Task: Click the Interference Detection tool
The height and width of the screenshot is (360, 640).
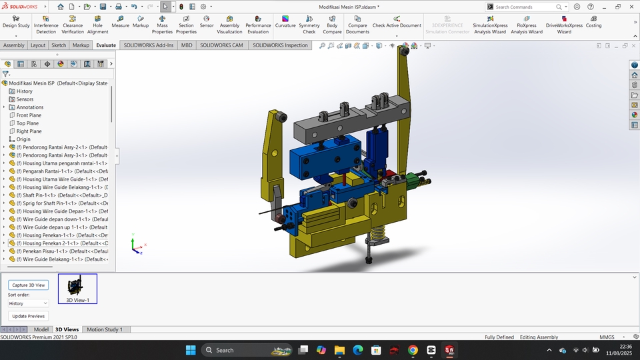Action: (x=46, y=25)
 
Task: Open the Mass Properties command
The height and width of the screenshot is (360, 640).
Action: (x=162, y=25)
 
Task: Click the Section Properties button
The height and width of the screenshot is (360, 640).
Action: (x=186, y=25)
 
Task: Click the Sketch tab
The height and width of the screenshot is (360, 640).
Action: (x=59, y=45)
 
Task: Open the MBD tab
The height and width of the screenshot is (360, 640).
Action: (x=187, y=45)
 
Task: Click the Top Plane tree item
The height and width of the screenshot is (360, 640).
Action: (x=27, y=123)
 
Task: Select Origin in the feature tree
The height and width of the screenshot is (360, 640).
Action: (x=23, y=139)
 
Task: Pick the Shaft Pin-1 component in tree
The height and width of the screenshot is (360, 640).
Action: (x=57, y=195)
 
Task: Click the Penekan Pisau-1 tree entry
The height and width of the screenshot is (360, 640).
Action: (x=60, y=251)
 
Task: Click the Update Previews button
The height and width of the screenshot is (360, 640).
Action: (x=29, y=316)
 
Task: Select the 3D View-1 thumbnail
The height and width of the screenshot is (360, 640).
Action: (x=77, y=289)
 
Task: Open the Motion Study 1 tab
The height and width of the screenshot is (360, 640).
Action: (x=105, y=329)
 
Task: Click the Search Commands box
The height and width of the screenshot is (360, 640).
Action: (x=527, y=7)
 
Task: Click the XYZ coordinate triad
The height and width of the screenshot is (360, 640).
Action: (x=136, y=247)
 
